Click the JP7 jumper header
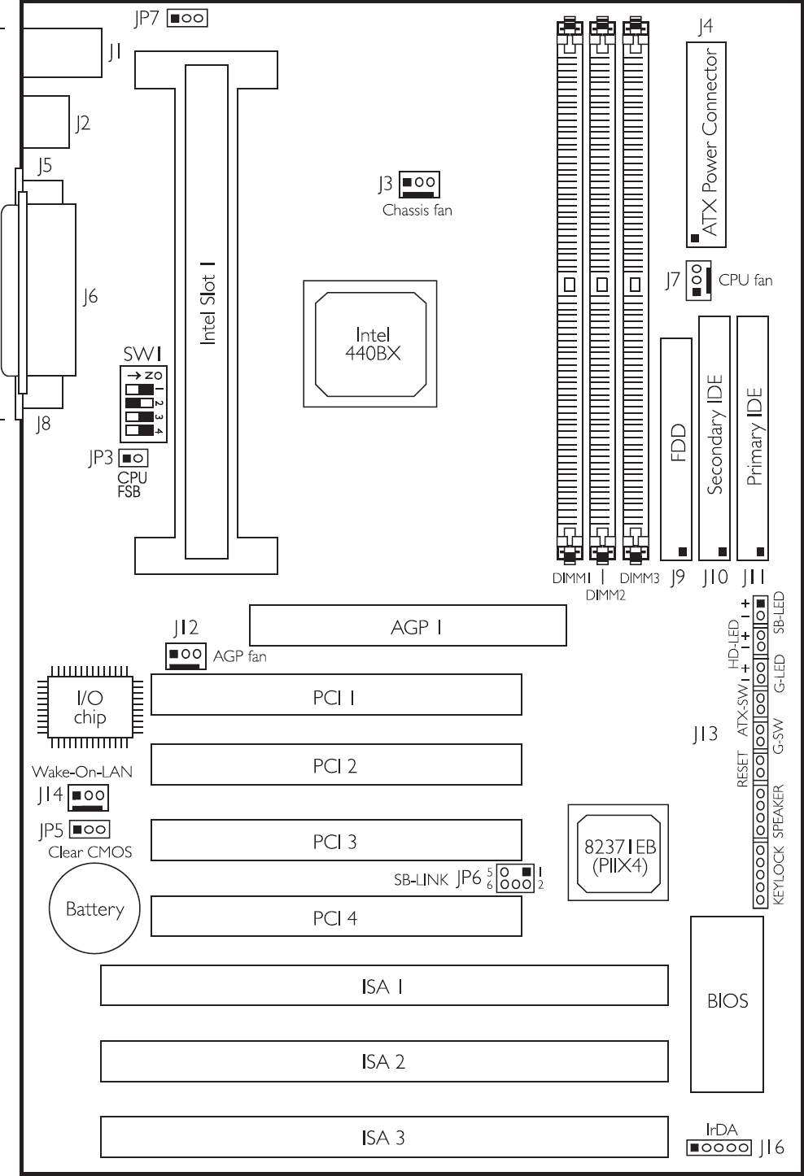(187, 18)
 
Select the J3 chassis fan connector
(419, 185)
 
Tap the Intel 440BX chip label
(373, 344)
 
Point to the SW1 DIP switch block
(143, 403)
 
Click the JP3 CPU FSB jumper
(133, 458)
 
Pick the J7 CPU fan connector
(698, 281)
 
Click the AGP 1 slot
(408, 625)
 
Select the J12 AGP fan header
(186, 656)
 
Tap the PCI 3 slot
(337, 840)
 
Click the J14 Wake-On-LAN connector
(88, 798)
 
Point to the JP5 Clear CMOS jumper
(90, 830)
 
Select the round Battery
(94, 908)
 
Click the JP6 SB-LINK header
(515, 878)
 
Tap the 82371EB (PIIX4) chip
(618, 852)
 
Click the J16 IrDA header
(719, 1148)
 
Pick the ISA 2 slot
(384, 1061)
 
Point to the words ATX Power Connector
(709, 142)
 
